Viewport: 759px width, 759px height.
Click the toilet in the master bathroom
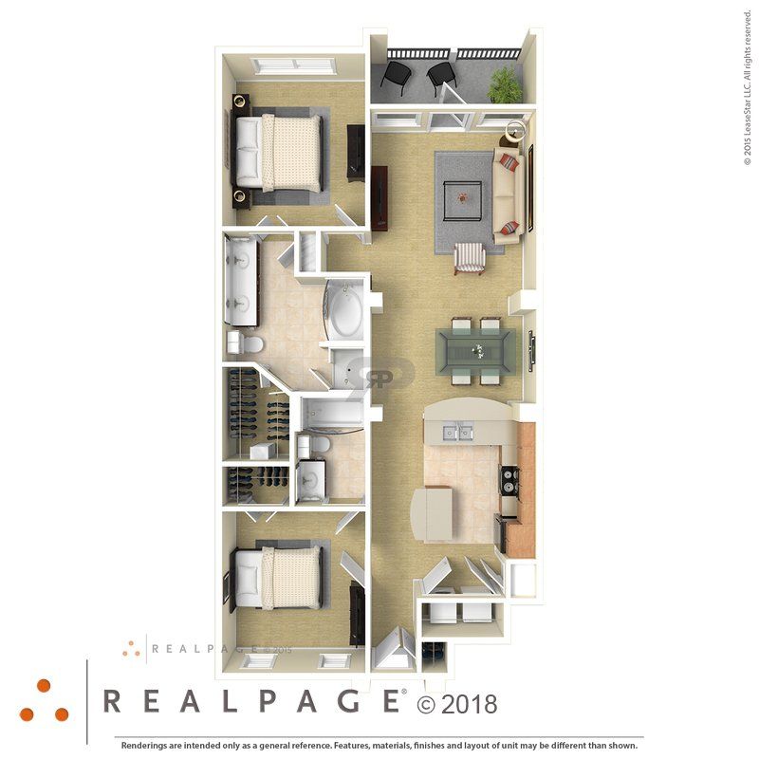click(x=250, y=342)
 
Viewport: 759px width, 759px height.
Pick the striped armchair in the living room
click(x=471, y=257)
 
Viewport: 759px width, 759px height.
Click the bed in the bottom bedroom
click(x=284, y=577)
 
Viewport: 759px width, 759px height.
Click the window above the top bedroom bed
click(x=294, y=65)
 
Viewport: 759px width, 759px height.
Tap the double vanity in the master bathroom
click(x=238, y=281)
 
